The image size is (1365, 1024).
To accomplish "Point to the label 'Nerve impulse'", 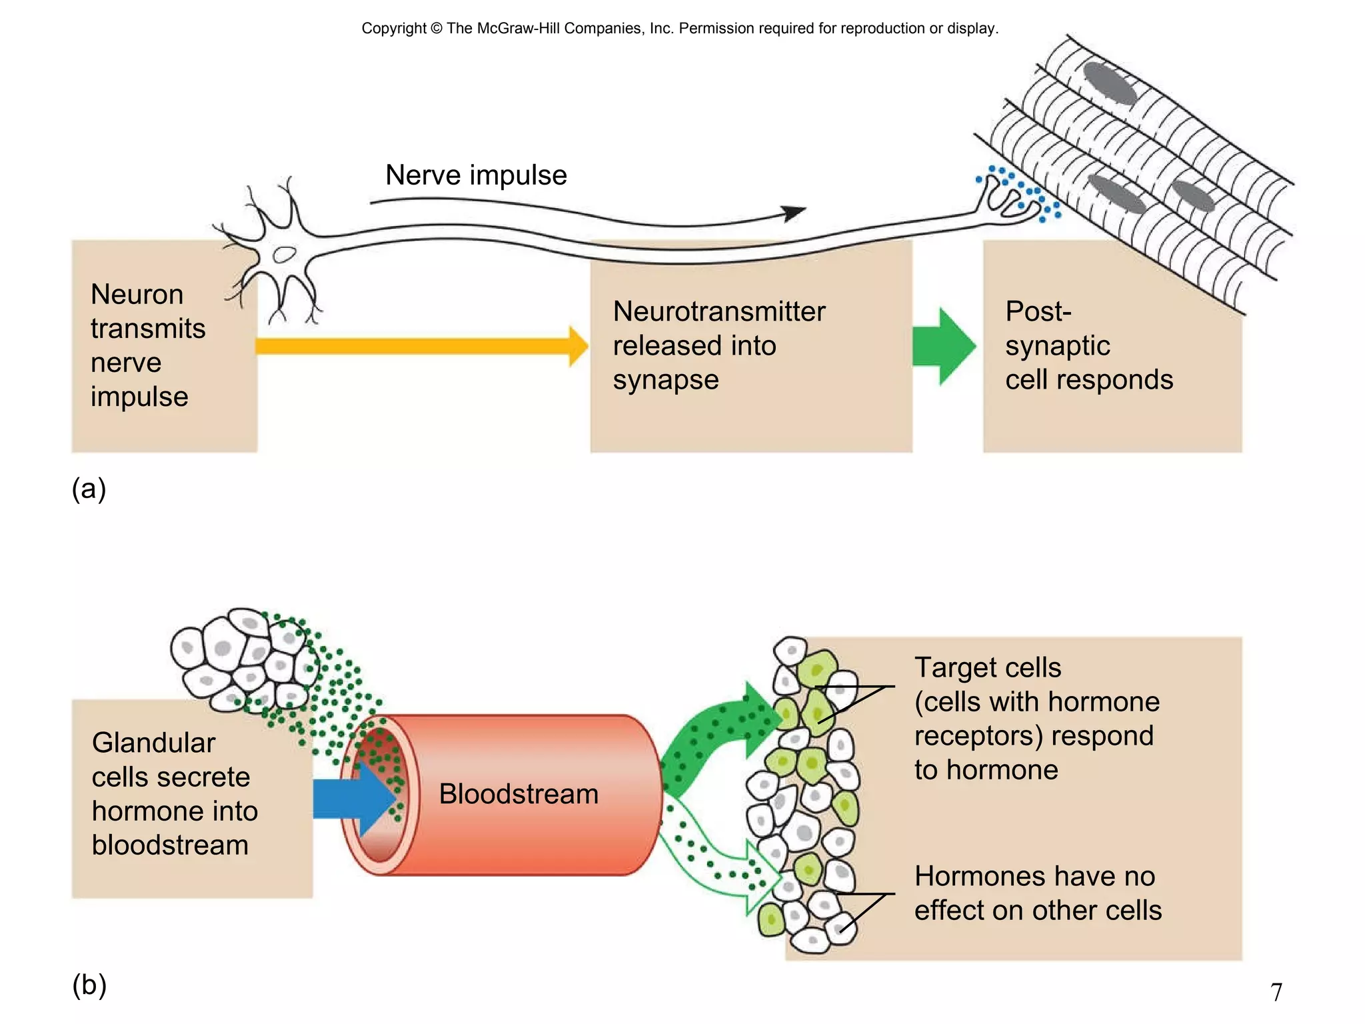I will tap(476, 175).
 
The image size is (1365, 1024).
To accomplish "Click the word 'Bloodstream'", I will tap(519, 794).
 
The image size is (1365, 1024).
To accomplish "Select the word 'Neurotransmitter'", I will tap(718, 311).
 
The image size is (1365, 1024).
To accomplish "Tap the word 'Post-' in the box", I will tap(1038, 311).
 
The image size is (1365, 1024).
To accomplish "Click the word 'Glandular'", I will tap(153, 743).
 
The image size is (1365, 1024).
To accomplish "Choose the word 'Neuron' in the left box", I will tap(137, 294).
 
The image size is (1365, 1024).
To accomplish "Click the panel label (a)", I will tap(89, 489).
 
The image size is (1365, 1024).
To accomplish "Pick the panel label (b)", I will tap(89, 985).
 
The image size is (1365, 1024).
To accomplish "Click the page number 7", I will tap(1276, 992).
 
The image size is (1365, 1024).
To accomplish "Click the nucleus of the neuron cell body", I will tap(285, 254).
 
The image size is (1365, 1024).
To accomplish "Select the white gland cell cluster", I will tap(243, 660).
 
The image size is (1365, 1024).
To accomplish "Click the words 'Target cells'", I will tap(987, 667).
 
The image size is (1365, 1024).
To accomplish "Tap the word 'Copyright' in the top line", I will tap(393, 28).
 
